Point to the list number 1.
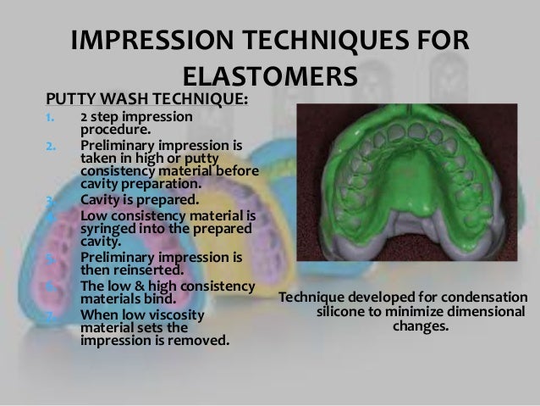pos(50,117)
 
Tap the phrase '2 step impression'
pos(136,117)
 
